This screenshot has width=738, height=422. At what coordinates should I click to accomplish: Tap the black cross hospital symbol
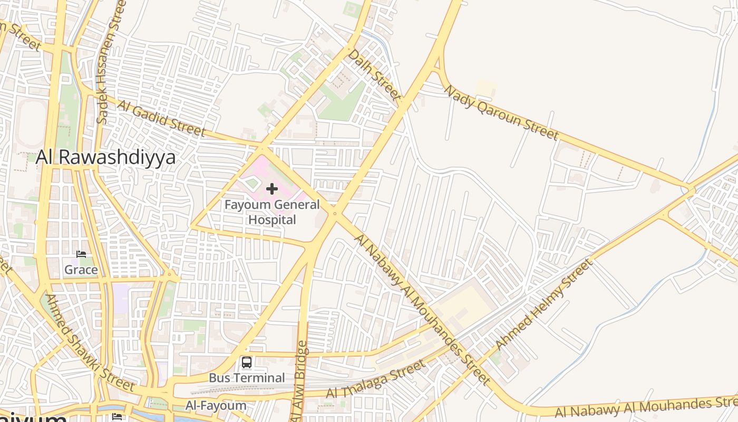[272, 189]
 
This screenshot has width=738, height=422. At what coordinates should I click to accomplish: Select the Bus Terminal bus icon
[247, 362]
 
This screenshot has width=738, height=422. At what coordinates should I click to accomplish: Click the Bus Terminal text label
[247, 378]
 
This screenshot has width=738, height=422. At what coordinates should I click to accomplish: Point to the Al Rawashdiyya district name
[105, 157]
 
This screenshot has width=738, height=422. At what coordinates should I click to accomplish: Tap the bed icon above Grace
[81, 254]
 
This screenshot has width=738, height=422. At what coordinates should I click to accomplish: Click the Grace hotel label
[81, 270]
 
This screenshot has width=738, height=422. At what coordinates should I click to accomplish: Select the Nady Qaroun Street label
[500, 112]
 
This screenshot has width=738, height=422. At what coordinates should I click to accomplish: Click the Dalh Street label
[375, 74]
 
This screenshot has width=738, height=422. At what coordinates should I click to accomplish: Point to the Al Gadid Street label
[161, 118]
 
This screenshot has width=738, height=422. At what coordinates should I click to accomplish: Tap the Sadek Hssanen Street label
[110, 62]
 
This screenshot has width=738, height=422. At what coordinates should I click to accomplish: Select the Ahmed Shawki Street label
[90, 342]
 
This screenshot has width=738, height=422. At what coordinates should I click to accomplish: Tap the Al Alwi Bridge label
[299, 381]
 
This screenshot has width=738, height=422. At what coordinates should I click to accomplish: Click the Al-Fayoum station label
[216, 406]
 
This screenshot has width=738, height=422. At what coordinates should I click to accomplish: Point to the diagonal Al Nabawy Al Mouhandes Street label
[422, 309]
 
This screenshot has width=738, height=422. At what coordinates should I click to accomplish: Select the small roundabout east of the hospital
[334, 214]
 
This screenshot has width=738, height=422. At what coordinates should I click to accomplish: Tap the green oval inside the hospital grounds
[252, 184]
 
